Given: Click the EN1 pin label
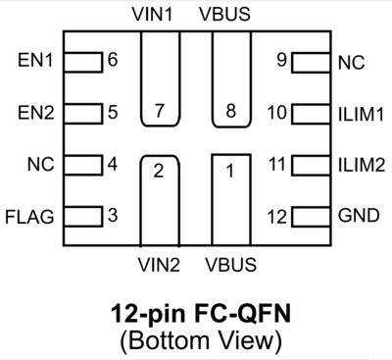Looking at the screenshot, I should point(35,62).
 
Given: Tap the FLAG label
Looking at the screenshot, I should point(30,215).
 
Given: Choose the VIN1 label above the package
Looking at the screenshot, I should point(159,17).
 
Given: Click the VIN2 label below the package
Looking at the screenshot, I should point(159,265).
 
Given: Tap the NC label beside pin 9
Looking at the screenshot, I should point(350,62).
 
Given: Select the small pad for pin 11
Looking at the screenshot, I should point(305,164).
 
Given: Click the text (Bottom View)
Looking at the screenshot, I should point(197,340).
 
